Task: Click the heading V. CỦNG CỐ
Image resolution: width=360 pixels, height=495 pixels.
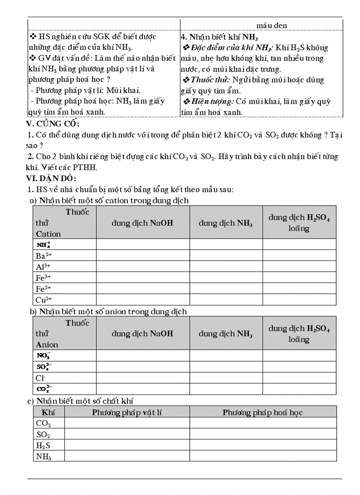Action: click(53, 124)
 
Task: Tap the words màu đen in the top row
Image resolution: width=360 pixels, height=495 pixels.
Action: click(272, 26)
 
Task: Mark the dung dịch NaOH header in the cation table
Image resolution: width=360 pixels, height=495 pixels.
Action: click(142, 223)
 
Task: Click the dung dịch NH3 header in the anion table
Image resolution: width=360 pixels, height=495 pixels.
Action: click(225, 334)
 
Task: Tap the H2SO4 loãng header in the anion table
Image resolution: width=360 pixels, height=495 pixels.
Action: click(299, 334)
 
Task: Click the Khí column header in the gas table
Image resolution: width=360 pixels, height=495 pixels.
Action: click(48, 412)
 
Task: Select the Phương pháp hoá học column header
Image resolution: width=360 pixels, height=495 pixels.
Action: click(262, 412)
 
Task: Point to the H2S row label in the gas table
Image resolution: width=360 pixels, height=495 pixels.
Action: click(43, 445)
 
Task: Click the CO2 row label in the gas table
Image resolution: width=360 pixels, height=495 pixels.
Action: click(43, 423)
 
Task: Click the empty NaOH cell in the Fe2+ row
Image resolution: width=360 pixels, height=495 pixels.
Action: click(142, 289)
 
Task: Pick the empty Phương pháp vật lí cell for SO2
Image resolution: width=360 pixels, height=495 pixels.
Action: click(127, 434)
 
